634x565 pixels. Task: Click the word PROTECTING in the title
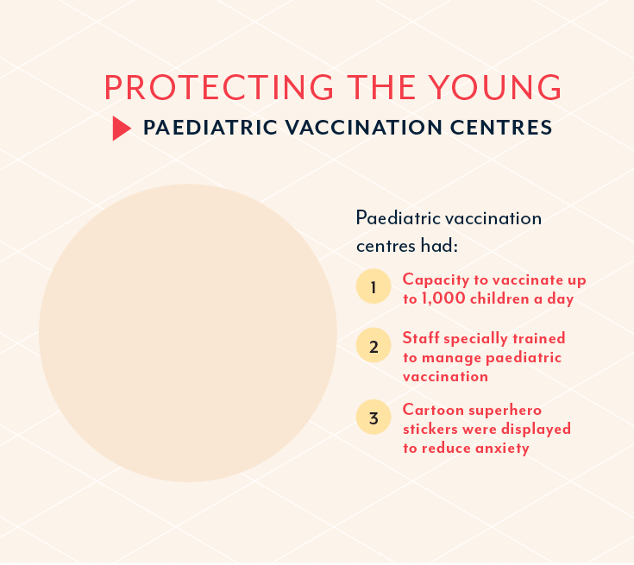(x=219, y=87)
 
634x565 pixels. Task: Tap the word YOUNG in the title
(x=495, y=87)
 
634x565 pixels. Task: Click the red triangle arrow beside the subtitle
(x=122, y=129)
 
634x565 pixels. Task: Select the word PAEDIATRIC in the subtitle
(x=210, y=128)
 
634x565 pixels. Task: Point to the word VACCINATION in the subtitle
(x=364, y=128)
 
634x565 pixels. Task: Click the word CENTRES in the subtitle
(x=501, y=128)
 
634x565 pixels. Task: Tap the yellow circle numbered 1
(x=373, y=286)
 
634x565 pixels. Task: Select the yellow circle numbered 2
(x=373, y=345)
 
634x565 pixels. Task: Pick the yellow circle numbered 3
(x=373, y=417)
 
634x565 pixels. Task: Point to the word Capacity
(x=436, y=279)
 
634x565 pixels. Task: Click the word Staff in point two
(x=421, y=337)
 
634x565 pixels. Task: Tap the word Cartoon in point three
(x=433, y=410)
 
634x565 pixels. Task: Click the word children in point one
(x=499, y=298)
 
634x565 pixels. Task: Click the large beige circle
(x=188, y=333)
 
